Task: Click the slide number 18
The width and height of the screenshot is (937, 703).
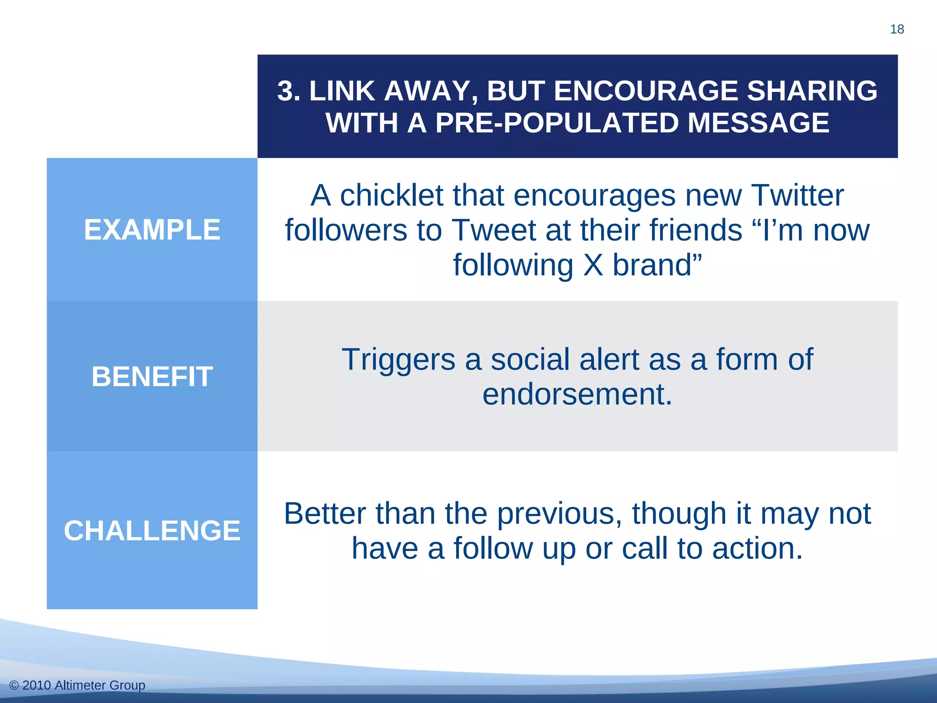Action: tap(897, 29)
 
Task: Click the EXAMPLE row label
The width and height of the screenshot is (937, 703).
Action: tap(152, 230)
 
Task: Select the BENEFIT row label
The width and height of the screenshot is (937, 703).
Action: tap(152, 377)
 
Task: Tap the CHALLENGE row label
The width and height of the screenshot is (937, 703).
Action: tap(152, 531)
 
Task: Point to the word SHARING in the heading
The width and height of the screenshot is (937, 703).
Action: tap(812, 91)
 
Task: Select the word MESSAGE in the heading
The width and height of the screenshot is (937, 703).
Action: tap(759, 123)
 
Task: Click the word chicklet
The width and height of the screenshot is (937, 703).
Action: tap(392, 195)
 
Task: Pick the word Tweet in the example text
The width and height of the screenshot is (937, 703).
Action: tap(494, 230)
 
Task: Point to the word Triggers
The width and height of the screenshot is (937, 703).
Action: tap(398, 360)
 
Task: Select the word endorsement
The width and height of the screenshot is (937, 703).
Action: tap(577, 394)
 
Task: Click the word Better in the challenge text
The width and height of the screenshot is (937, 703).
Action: tap(325, 514)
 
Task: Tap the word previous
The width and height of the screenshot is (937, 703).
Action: tap(559, 514)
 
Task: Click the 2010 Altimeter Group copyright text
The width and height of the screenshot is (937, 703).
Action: tap(77, 685)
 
